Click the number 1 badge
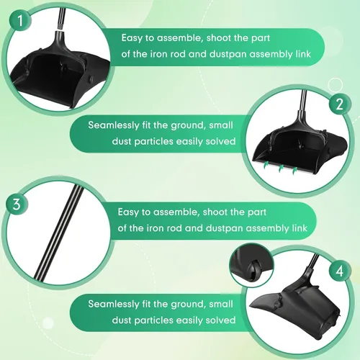coord(20,20)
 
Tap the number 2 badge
coord(339,104)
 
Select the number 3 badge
coord(17,204)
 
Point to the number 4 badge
coord(339,271)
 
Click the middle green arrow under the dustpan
coord(282,168)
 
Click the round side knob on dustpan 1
coord(91,78)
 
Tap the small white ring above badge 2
coord(336,85)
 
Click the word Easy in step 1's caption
coord(132,38)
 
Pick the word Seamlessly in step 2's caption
coord(114,125)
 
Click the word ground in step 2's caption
coord(188,126)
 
